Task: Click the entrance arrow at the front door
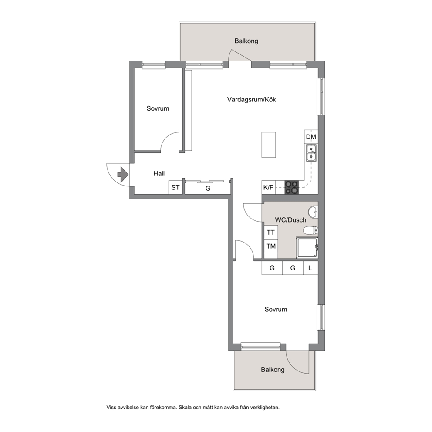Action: point(123,174)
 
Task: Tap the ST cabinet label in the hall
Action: point(175,188)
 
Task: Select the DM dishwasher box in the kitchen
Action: point(311,137)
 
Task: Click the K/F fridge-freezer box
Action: point(268,188)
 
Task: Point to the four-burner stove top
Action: point(291,188)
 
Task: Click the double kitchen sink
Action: point(311,153)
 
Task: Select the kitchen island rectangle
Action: point(269,145)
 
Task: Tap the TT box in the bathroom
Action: point(271,232)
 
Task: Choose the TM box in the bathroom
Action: point(271,246)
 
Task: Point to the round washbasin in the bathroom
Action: point(313,212)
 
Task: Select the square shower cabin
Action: point(307,248)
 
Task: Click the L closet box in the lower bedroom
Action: point(310,268)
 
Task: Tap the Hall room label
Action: point(159,174)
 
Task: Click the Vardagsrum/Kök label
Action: point(252,99)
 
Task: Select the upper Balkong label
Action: point(246,41)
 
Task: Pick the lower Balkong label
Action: point(273,370)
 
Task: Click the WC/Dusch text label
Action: point(290,220)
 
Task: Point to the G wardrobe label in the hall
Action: point(208,189)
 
